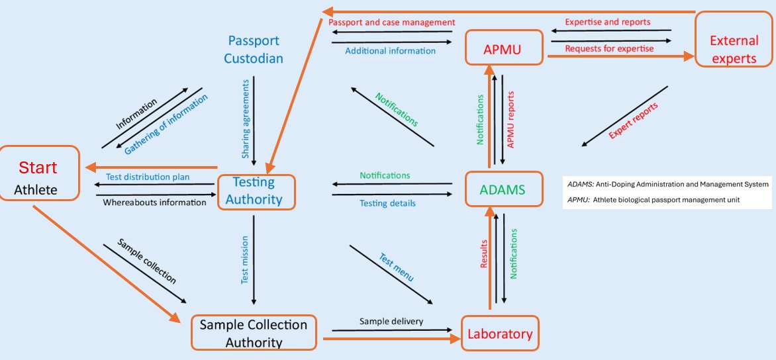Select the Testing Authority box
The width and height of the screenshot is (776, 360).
coord(256,192)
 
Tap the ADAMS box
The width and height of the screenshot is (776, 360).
coord(503,190)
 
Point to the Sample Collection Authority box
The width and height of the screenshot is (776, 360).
coord(254,333)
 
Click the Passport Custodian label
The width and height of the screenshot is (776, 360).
coord(253,50)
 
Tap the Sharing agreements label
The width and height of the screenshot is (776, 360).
coord(246,119)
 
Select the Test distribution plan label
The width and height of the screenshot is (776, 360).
coord(148,177)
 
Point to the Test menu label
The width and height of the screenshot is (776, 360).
coord(396,267)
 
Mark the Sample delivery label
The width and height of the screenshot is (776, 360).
coord(391,322)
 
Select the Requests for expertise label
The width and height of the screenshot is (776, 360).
coord(608,48)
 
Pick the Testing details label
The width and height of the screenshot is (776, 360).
coord(387,203)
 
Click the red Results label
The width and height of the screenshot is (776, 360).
coord(483,255)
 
